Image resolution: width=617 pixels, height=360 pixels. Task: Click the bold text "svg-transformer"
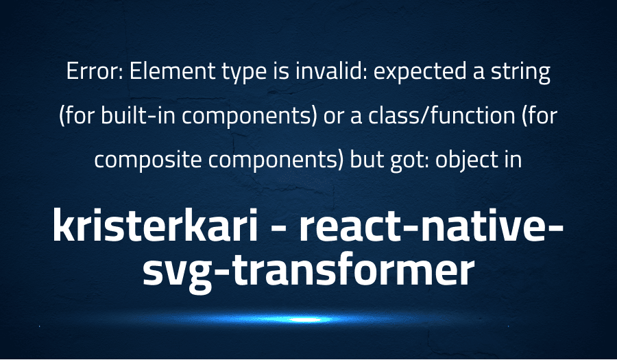[308, 270]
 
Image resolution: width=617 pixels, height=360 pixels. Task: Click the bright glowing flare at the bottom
[302, 320]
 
